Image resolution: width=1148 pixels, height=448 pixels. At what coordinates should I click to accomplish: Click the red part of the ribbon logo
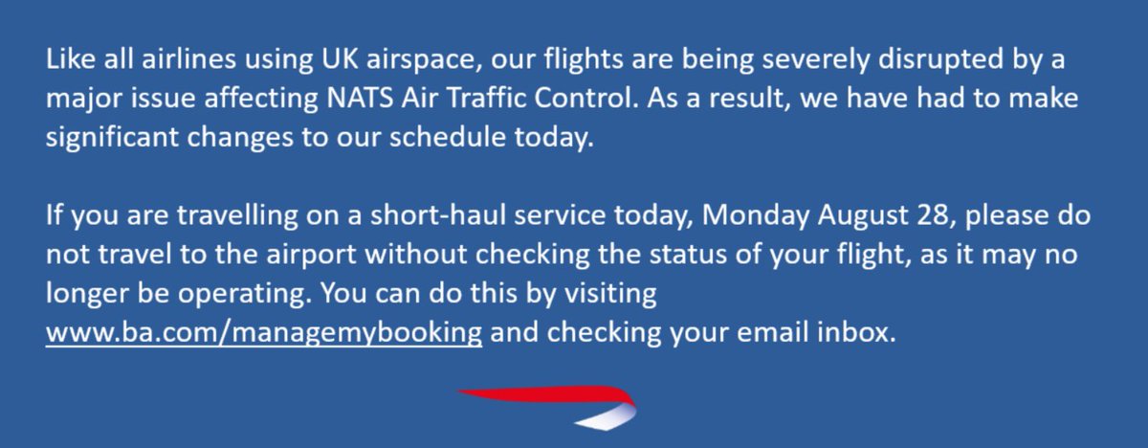click(x=536, y=394)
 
